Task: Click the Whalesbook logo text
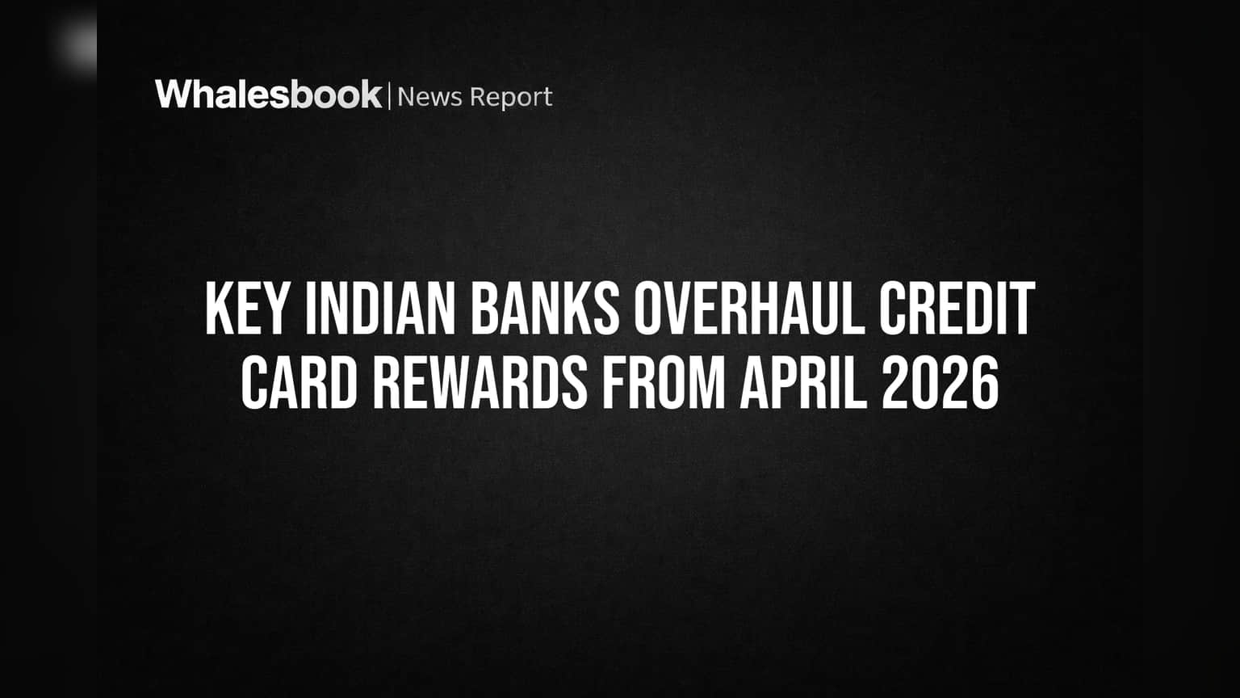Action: pos(269,95)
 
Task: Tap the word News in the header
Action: pos(429,97)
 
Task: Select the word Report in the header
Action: pos(511,98)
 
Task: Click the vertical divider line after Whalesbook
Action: pos(389,96)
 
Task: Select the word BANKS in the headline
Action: pos(545,308)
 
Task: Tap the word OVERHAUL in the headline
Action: pos(749,308)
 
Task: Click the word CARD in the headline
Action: pos(299,382)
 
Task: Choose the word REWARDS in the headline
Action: pos(480,382)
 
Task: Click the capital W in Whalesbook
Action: pos(174,95)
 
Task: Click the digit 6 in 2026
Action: pos(986,382)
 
